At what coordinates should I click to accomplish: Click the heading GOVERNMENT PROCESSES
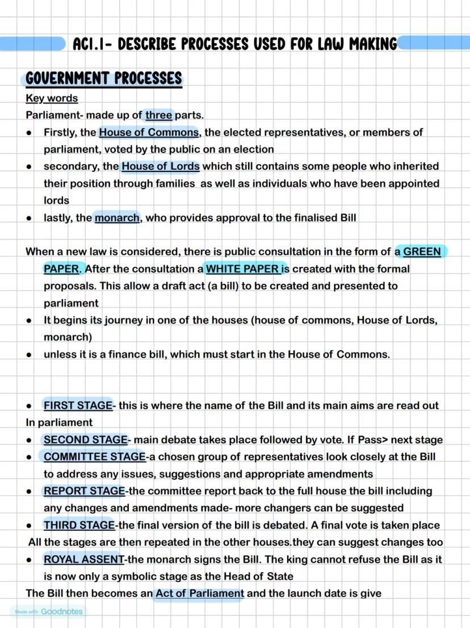(x=104, y=78)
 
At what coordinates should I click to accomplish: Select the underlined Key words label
(x=52, y=98)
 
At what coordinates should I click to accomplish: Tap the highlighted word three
(x=158, y=115)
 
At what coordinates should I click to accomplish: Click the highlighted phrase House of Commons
(x=149, y=132)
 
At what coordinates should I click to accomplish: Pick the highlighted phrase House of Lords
(x=161, y=166)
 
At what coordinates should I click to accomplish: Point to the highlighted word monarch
(x=117, y=217)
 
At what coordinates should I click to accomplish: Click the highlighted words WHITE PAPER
(x=242, y=269)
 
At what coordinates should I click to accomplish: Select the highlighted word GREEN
(x=422, y=252)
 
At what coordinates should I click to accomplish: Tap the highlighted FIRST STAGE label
(x=78, y=405)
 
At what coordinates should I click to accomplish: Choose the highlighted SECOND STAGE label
(x=85, y=439)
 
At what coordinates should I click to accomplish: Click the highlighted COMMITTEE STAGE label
(x=94, y=457)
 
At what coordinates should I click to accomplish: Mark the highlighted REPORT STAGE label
(x=84, y=491)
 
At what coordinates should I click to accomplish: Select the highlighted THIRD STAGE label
(x=79, y=525)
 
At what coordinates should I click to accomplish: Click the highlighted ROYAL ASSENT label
(x=83, y=559)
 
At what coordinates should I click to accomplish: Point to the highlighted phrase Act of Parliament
(x=200, y=593)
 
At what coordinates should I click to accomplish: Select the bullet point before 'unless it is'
(x=28, y=354)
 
